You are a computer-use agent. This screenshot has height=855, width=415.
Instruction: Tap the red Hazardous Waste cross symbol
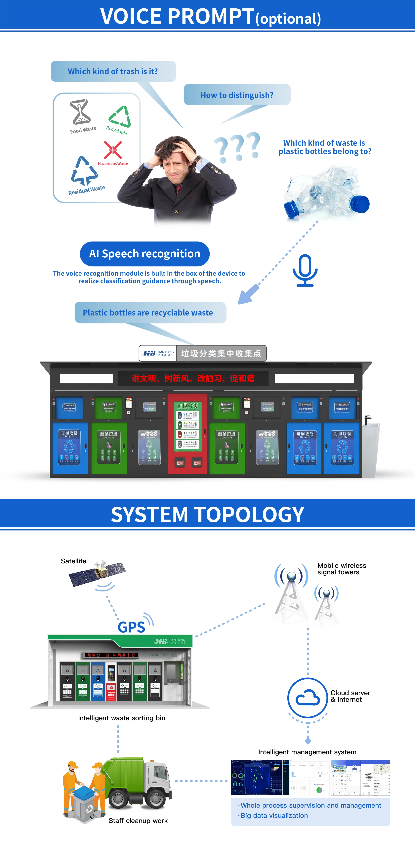point(113,150)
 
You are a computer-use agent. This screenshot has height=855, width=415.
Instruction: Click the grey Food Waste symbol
point(80,112)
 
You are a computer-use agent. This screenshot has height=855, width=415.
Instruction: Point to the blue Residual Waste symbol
point(84,171)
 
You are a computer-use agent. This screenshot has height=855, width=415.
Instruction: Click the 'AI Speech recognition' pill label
point(145,254)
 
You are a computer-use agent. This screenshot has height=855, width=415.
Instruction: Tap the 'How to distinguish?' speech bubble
point(237,95)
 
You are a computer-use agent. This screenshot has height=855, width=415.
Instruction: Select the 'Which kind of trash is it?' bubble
point(113,71)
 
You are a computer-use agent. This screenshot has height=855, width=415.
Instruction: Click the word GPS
point(131,627)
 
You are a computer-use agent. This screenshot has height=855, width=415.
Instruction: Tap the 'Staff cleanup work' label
point(138,821)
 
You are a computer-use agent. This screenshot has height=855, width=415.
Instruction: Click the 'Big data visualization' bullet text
point(274,816)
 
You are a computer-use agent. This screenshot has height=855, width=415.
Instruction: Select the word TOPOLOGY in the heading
point(249,514)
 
